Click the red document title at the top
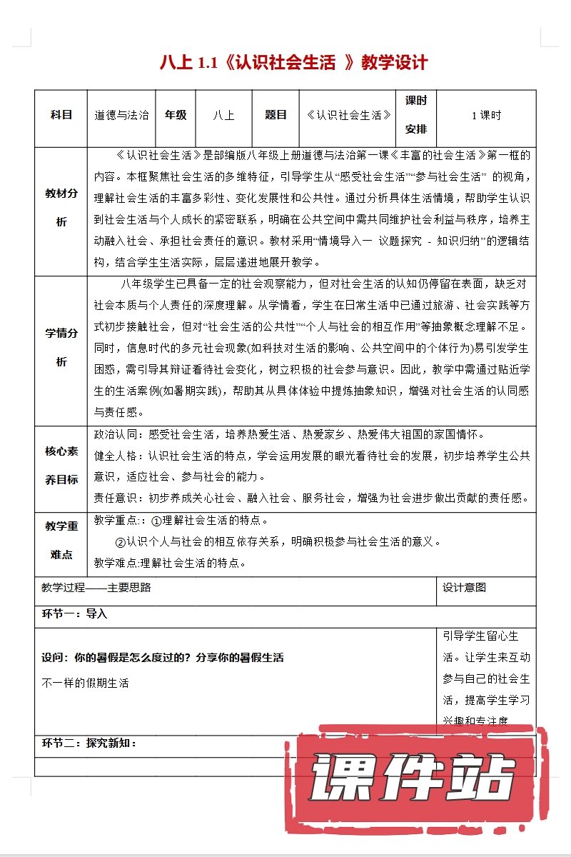coord(294,63)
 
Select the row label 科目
coord(61,115)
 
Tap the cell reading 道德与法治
coord(122,115)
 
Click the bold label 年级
coord(176,115)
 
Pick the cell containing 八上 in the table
coord(223,115)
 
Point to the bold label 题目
coord(276,115)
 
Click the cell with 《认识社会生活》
coord(348,115)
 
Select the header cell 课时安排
coord(416,115)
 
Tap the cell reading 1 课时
coord(486,115)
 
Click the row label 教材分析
coord(61,207)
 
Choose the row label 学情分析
coord(61,347)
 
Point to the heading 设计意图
coord(464,588)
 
